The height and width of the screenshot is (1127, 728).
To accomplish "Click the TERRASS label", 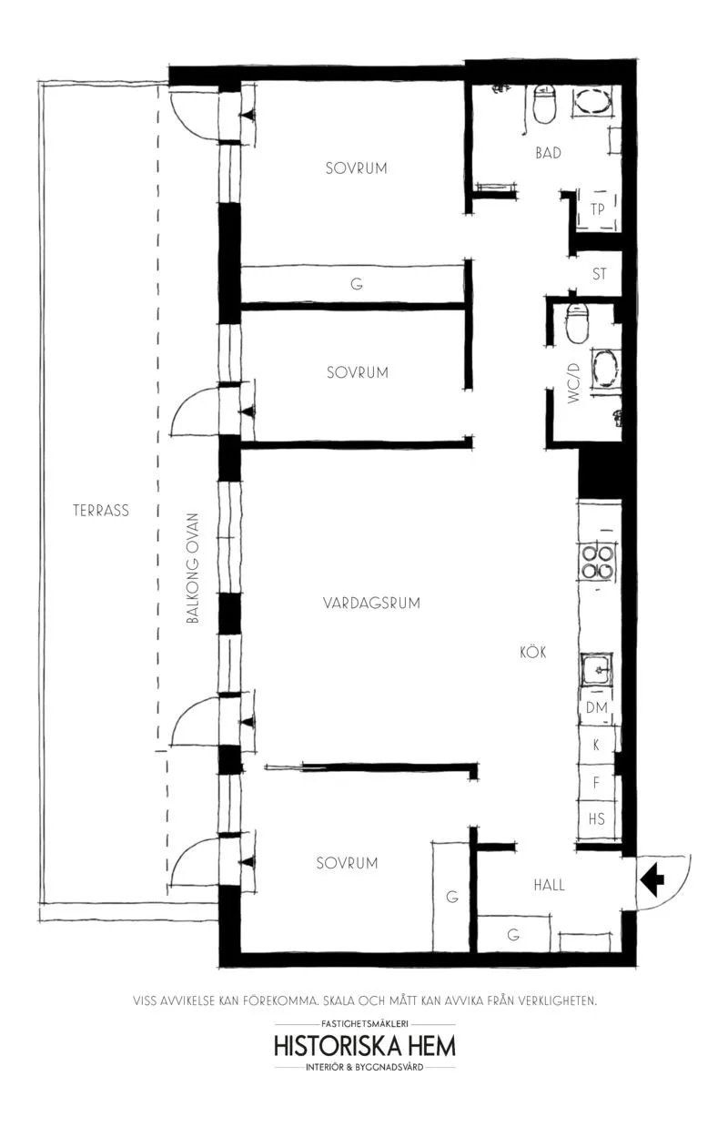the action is click(101, 511).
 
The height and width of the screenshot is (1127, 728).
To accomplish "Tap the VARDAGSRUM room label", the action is click(372, 603).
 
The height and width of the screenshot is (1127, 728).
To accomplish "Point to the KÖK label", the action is click(532, 652).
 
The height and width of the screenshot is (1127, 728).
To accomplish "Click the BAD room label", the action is click(549, 153).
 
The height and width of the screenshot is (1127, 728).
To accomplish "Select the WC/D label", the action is click(573, 383).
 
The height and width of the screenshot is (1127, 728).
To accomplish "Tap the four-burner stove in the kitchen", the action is click(598, 562).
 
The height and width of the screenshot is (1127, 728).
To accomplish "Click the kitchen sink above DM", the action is click(597, 670).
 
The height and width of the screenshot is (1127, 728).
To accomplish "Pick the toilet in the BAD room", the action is click(544, 104).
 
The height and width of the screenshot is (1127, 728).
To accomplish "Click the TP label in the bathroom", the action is click(597, 209).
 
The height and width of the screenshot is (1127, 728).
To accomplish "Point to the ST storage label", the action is click(599, 274).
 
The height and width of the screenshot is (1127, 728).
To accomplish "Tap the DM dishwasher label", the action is click(597, 707).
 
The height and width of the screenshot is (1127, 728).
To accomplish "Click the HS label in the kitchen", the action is click(597, 818).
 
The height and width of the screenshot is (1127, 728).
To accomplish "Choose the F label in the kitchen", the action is click(596, 782).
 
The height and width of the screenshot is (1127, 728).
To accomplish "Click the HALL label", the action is click(549, 885).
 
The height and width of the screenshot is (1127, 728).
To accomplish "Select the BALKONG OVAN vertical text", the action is click(193, 568).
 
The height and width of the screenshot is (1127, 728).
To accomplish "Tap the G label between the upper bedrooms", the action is click(357, 284).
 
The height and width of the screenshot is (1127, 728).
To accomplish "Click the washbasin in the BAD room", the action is click(591, 103).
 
